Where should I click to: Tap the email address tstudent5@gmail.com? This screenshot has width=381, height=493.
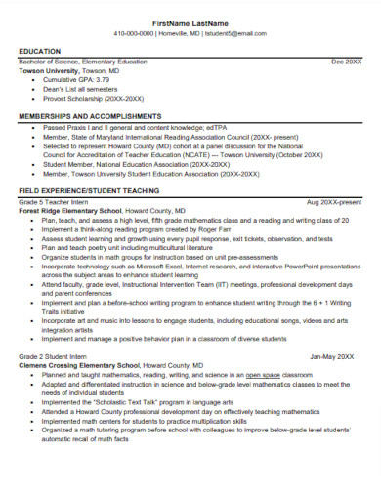tap(233, 33)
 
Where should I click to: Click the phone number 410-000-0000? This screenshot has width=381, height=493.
tap(134, 33)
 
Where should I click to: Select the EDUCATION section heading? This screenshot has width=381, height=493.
tap(40, 51)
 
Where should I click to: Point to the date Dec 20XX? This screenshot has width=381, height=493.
tap(346, 61)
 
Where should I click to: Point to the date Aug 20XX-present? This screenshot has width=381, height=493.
tap(333, 201)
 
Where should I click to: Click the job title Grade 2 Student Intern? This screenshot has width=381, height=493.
tap(57, 357)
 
